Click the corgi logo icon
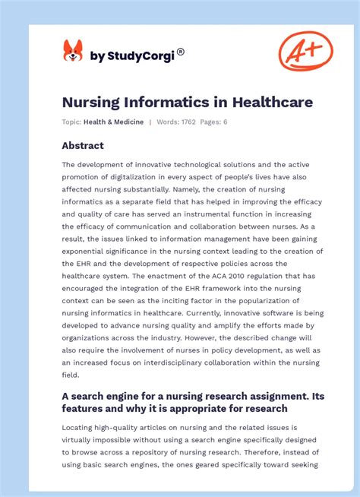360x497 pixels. pyautogui.click(x=73, y=52)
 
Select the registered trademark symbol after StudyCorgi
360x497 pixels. pyautogui.click(x=181, y=52)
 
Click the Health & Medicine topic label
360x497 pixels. pyautogui.click(x=114, y=122)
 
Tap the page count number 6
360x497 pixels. pyautogui.click(x=225, y=122)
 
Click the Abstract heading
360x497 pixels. pyautogui.click(x=83, y=146)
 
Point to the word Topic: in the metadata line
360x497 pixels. pyautogui.click(x=72, y=122)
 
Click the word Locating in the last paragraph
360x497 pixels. pyautogui.click(x=81, y=427)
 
